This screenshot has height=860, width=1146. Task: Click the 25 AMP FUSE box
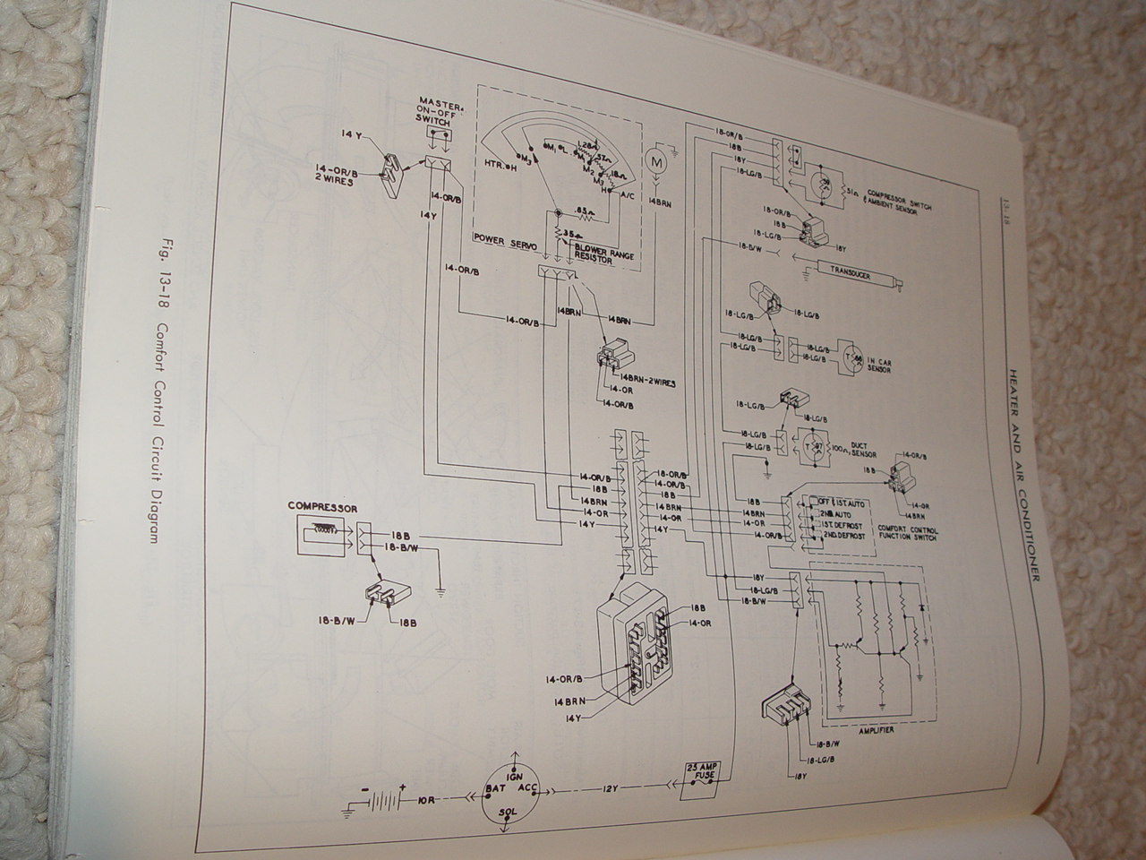(697, 778)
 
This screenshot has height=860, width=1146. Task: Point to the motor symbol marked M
(655, 165)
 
